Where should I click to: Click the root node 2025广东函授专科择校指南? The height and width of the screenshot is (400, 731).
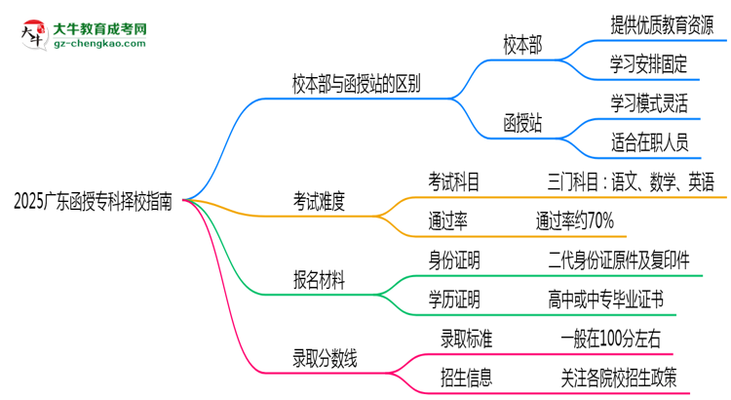[95, 202]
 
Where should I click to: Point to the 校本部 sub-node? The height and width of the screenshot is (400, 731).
[523, 45]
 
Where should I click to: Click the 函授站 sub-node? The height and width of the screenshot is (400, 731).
[523, 124]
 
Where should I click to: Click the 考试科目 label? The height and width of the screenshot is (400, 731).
[453, 181]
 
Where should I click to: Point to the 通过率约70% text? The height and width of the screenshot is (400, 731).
[574, 221]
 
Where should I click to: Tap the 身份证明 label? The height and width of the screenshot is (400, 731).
[453, 260]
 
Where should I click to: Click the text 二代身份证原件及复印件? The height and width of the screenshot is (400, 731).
[619, 260]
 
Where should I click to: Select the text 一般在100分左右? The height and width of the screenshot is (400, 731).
[612, 340]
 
